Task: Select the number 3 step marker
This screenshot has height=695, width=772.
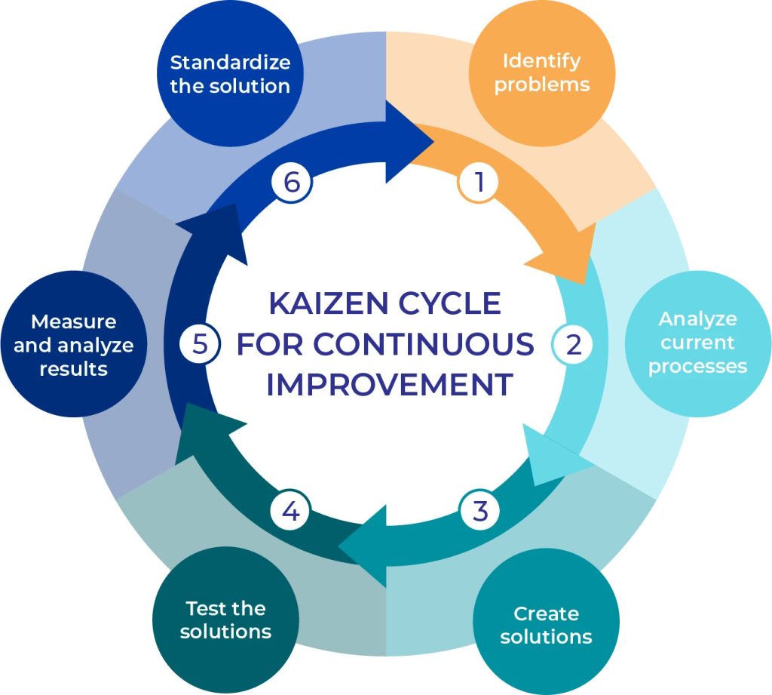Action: click(480, 511)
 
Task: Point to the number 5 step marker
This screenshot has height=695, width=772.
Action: click(199, 344)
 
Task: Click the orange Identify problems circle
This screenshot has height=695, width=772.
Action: click(541, 72)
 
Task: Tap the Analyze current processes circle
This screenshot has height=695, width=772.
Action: click(698, 343)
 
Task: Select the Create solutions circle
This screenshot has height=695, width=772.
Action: click(546, 625)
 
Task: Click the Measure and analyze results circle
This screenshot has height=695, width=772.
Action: click(74, 345)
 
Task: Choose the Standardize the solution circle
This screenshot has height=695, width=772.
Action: click(229, 73)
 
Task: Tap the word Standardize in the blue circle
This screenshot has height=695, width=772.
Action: click(230, 61)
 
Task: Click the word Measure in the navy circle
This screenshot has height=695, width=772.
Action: click(74, 321)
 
